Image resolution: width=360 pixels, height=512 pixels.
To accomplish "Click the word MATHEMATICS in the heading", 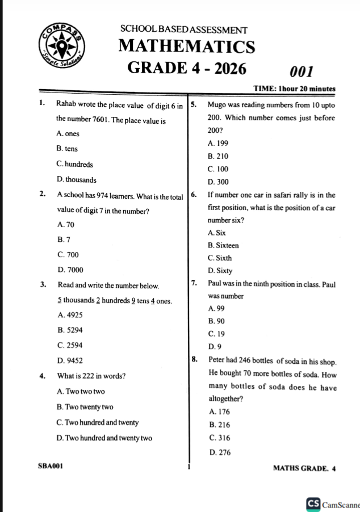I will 187,47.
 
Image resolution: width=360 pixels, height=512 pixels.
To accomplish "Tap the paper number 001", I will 302,72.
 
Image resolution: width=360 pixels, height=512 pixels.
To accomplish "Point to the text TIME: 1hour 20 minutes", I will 295,89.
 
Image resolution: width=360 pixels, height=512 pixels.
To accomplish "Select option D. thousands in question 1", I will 77,180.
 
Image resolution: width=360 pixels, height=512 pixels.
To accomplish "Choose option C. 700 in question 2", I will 69,254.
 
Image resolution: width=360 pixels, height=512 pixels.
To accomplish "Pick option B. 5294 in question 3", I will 70,330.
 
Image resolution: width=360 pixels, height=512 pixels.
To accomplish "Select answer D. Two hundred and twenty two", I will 104,438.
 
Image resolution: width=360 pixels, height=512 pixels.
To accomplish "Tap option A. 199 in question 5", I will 218,144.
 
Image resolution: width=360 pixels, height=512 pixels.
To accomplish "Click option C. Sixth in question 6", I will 220,258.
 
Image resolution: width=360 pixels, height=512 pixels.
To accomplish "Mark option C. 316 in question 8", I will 220,438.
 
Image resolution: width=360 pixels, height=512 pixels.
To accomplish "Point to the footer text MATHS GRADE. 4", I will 304,469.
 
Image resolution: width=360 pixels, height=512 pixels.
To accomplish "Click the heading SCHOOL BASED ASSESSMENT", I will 184,30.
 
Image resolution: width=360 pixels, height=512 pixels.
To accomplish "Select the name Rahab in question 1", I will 66,105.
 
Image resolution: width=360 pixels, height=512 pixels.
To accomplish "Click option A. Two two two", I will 81,392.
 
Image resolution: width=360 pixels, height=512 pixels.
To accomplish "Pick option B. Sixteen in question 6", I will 223,246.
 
